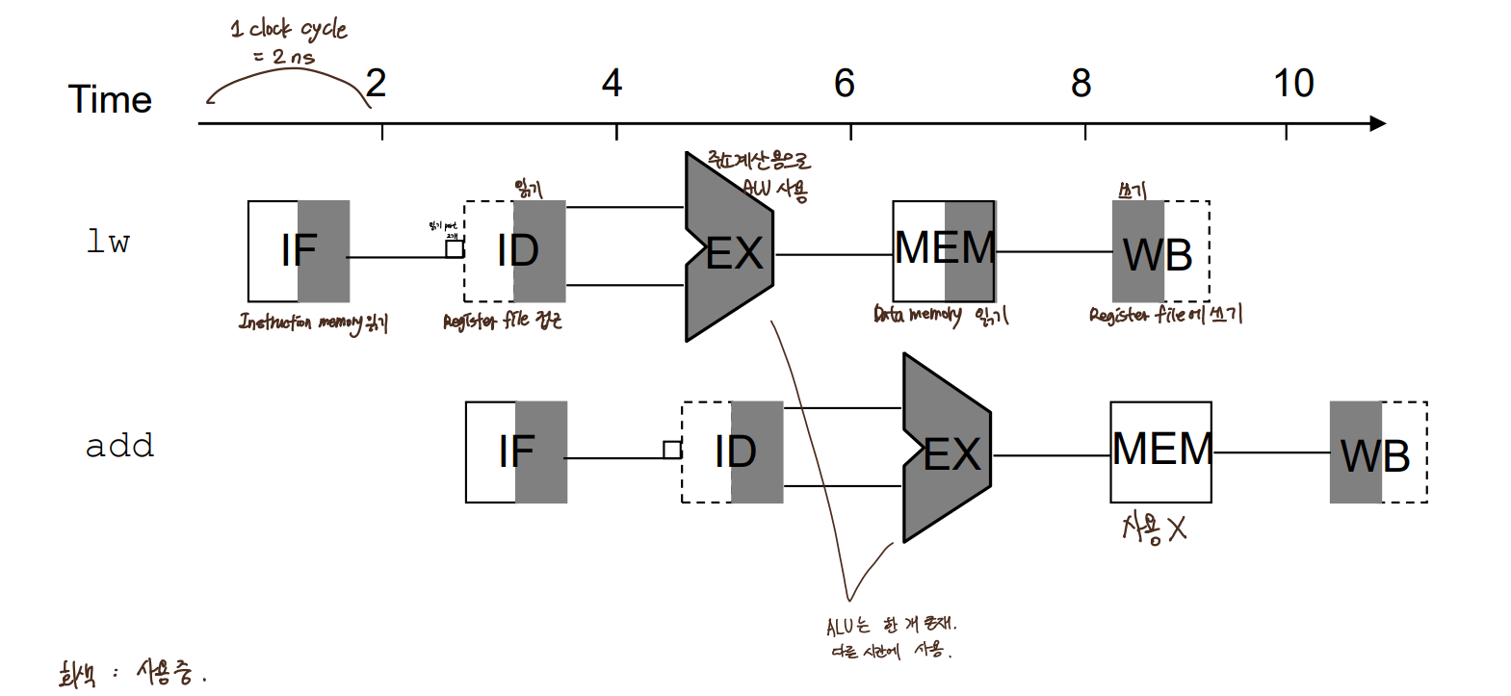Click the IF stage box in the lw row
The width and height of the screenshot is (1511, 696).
point(299,251)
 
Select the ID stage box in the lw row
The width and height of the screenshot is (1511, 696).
point(515,251)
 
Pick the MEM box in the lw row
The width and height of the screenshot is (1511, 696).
point(944,250)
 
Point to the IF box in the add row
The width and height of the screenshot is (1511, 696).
point(516,451)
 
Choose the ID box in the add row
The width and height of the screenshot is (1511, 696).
point(733,451)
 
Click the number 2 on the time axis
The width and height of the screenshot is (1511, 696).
point(377,84)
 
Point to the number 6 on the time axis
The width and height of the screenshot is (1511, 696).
point(845,84)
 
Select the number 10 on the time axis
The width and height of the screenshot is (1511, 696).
point(1293,84)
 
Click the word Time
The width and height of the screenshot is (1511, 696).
point(110,100)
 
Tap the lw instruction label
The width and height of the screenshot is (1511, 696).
point(108,242)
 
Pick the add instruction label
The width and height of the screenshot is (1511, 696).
point(119,446)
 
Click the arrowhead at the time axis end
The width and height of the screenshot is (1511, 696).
point(1378,123)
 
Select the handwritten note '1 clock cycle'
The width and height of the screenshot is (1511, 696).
point(289,29)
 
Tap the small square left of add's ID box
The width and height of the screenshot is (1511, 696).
point(672,450)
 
